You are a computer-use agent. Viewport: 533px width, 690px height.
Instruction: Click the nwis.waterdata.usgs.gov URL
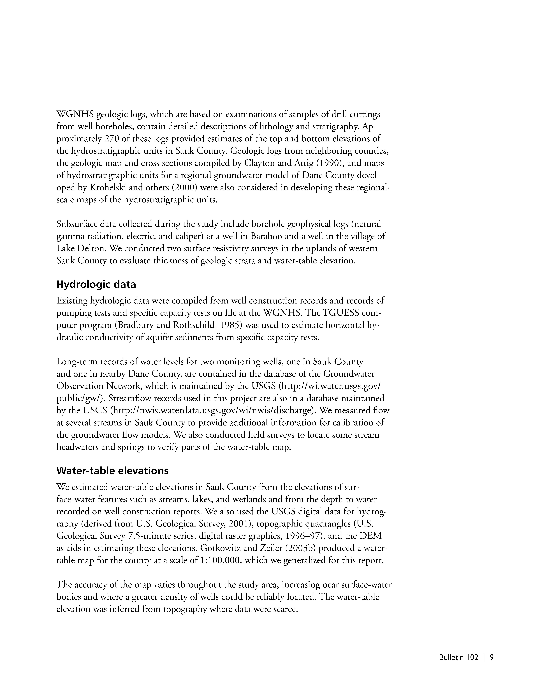213,411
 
